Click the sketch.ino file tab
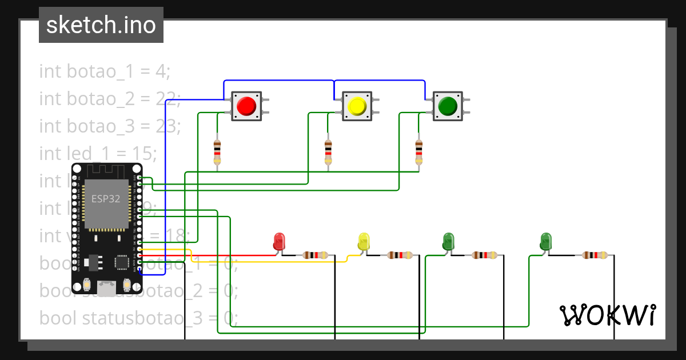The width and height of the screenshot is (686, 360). [101, 25]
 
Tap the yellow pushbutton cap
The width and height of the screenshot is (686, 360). [357, 106]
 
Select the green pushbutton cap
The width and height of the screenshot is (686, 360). [447, 106]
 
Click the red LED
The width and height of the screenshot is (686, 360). [280, 241]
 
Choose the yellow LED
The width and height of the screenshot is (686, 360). [364, 241]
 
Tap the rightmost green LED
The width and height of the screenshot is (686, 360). [546, 241]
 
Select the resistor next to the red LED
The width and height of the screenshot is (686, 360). [316, 255]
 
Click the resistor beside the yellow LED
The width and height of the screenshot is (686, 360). [400, 255]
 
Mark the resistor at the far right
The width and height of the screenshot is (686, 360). [595, 255]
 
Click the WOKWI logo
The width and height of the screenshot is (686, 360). [607, 315]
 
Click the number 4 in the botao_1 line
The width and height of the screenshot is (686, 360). [161, 71]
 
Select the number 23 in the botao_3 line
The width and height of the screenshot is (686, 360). [167, 126]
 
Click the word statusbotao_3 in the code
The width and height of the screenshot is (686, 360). [142, 318]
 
